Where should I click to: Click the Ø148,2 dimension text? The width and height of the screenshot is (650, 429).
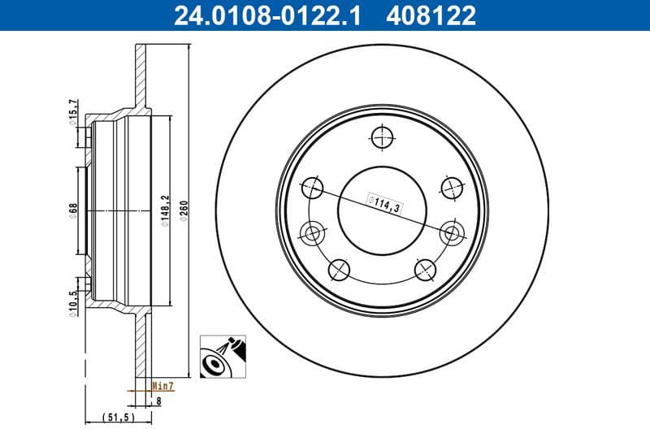point(164,212)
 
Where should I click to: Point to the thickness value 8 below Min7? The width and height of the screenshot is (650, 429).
point(159,400)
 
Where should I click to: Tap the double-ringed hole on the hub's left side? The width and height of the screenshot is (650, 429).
point(312,235)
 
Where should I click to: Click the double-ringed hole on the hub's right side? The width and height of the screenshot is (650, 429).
point(452,234)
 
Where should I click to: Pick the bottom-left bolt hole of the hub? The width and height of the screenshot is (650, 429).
point(339,269)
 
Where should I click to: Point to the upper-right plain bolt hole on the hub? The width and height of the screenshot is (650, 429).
point(452,188)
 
